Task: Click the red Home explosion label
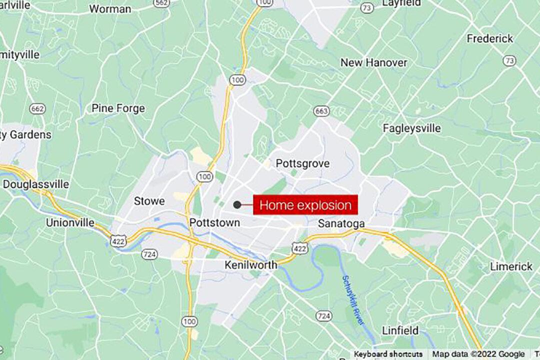pos(305,205)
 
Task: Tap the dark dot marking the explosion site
pos(237,204)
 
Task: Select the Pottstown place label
pos(215,222)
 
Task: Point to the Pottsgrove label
pos(302,163)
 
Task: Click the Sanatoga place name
pos(341,223)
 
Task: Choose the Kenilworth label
pos(250,265)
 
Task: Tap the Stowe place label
pos(149,201)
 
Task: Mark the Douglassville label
pos(36,184)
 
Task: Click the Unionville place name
pos(70,222)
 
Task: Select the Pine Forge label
pos(118,108)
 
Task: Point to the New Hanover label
pos(373,62)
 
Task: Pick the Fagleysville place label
pos(412,128)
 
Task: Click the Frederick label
pos(490,38)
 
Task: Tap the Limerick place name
pos(511,266)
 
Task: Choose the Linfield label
pos(400,330)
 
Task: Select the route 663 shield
pos(321,110)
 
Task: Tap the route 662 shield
pos(37,108)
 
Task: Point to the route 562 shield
pos(161,3)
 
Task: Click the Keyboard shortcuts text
pos(387,354)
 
